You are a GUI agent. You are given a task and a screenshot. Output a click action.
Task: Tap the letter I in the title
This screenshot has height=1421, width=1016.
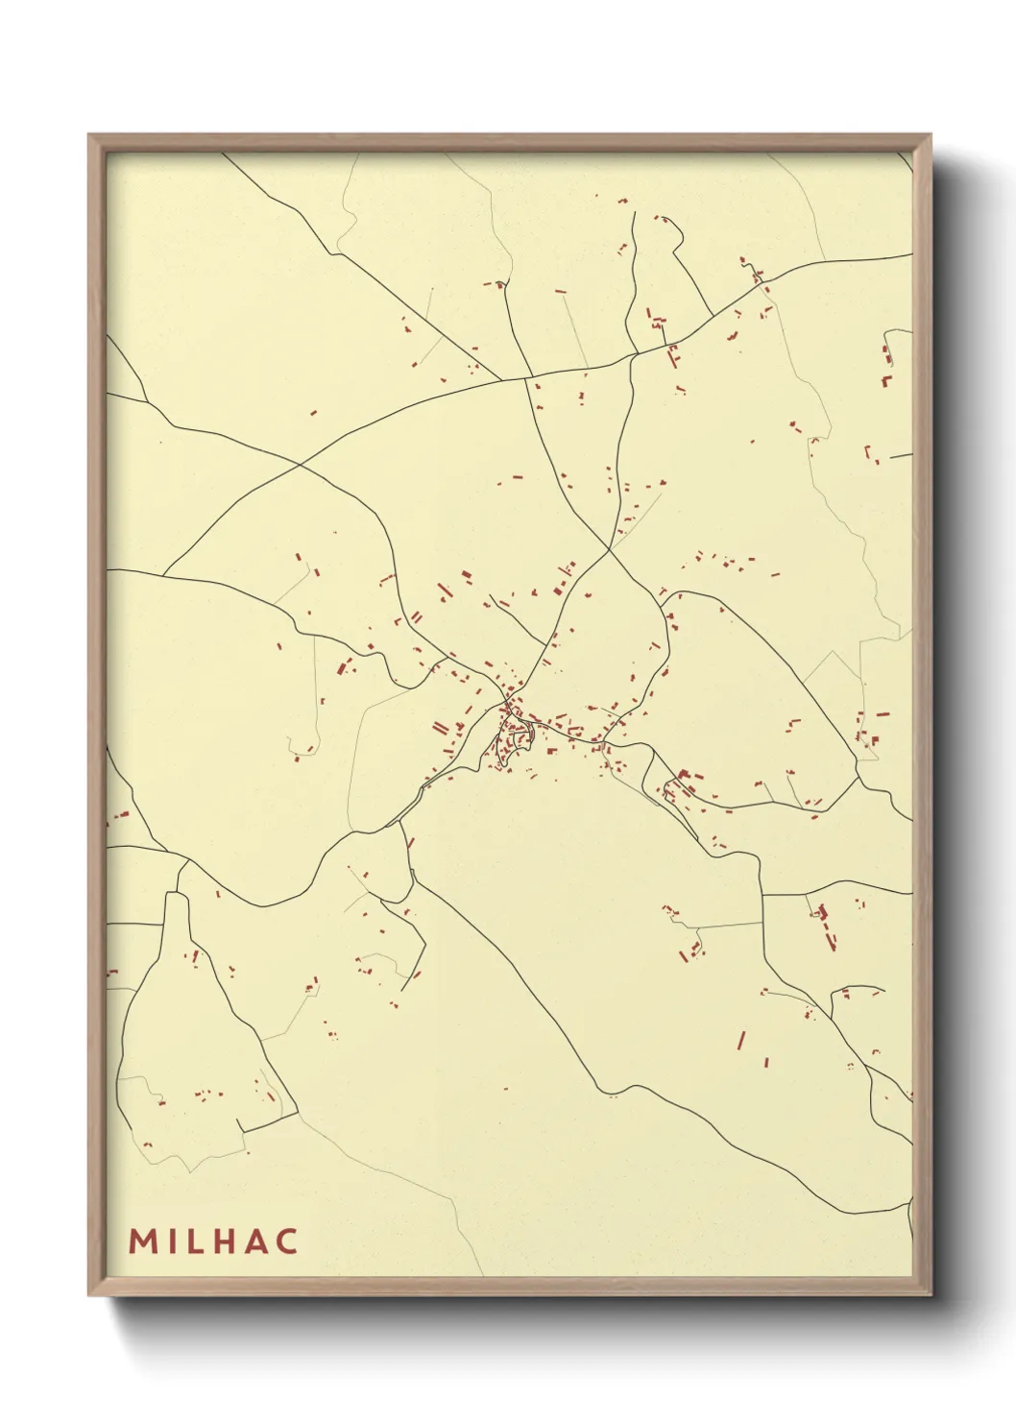171,1240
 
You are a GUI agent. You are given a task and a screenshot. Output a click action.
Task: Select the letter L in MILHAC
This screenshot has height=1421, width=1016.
195,1240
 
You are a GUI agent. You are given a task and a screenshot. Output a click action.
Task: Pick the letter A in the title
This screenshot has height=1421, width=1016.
255,1240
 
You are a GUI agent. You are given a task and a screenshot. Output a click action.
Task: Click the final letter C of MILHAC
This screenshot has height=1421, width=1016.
286,1240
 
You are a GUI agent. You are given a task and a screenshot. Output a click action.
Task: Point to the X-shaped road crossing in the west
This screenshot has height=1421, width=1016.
301,465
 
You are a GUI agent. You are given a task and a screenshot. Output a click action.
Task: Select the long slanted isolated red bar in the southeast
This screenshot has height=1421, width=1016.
740,1040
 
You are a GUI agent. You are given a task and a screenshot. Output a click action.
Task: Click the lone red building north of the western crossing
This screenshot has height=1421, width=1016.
313,413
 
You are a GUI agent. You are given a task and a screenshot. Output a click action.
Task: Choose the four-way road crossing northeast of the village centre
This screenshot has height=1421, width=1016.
609,549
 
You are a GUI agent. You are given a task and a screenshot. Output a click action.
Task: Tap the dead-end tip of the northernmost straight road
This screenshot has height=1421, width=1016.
635,213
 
